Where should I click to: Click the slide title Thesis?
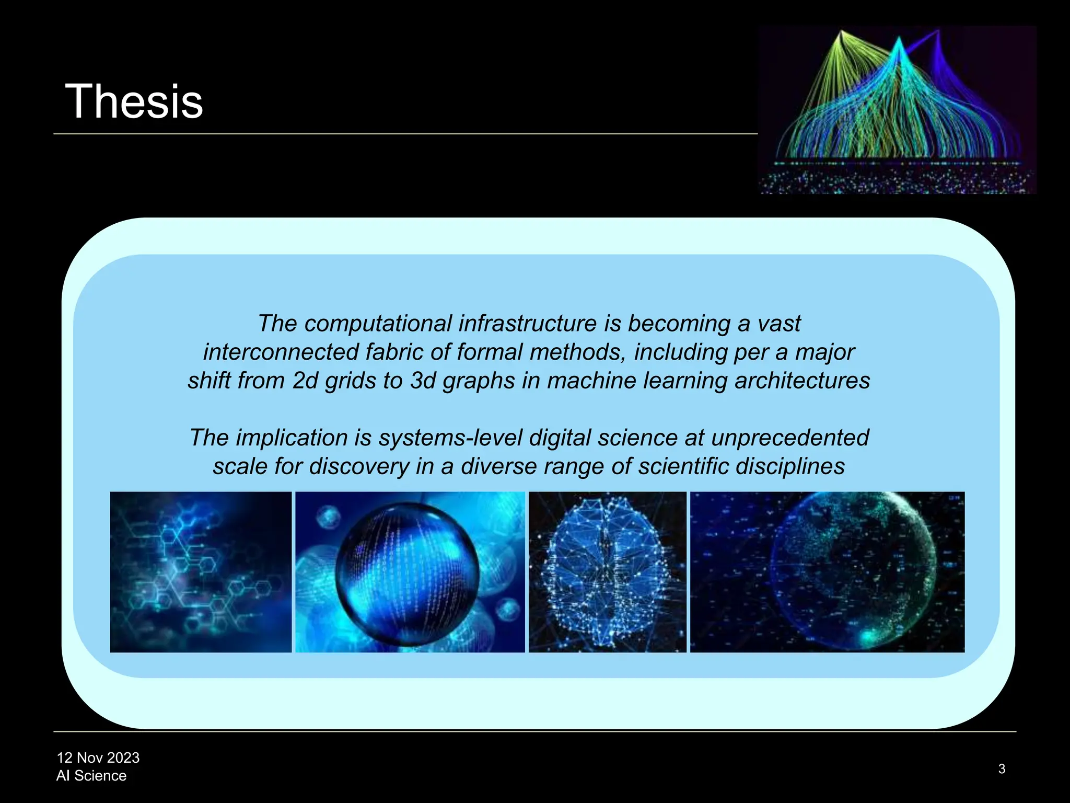coord(134,101)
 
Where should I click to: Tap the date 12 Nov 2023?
coord(98,758)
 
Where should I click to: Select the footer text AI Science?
coord(91,775)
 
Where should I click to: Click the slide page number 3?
coord(1002,768)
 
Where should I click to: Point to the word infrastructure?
coord(528,324)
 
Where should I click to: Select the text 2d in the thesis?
coord(305,381)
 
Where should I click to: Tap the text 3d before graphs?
coord(423,381)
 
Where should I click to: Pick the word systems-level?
coord(450,438)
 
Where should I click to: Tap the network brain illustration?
coord(607,572)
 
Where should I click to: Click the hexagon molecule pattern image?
coord(201,572)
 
